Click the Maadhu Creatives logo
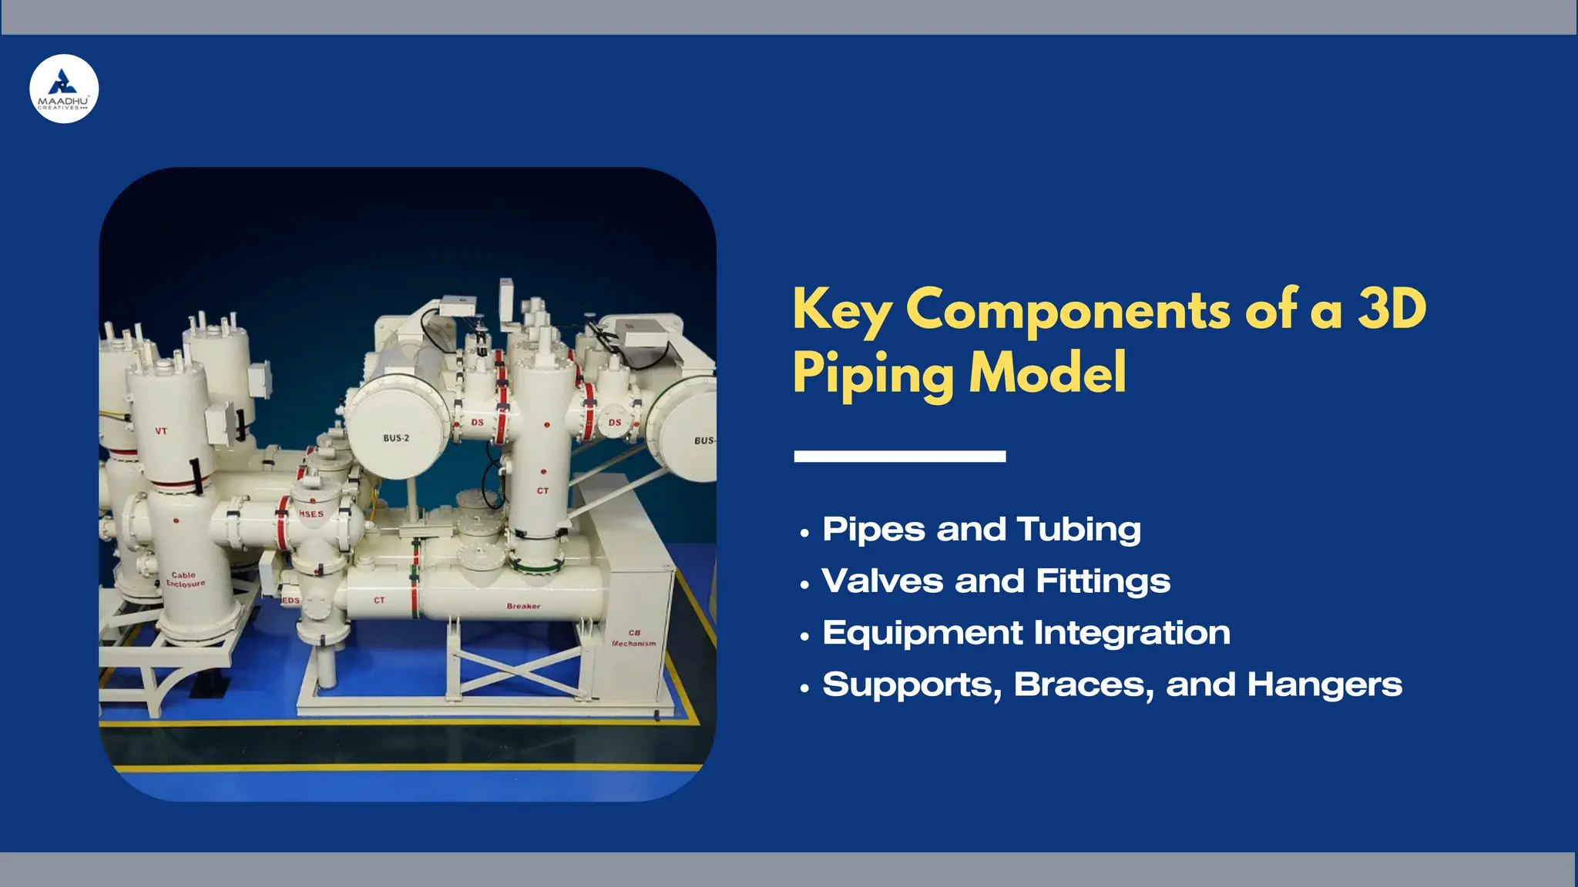point(64,89)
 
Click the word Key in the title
point(842,310)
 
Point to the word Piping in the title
point(874,374)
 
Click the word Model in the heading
point(1048,373)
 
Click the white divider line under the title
point(899,457)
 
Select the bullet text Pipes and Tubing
point(982,530)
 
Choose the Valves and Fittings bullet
point(995,581)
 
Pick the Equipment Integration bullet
point(1026,633)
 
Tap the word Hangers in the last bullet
point(1325,684)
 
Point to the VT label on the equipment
point(161,431)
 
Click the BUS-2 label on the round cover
point(396,438)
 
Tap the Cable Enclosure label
point(185,579)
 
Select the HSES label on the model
point(311,514)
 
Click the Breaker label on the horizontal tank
point(523,606)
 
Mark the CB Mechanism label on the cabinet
point(634,638)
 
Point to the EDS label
point(290,600)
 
